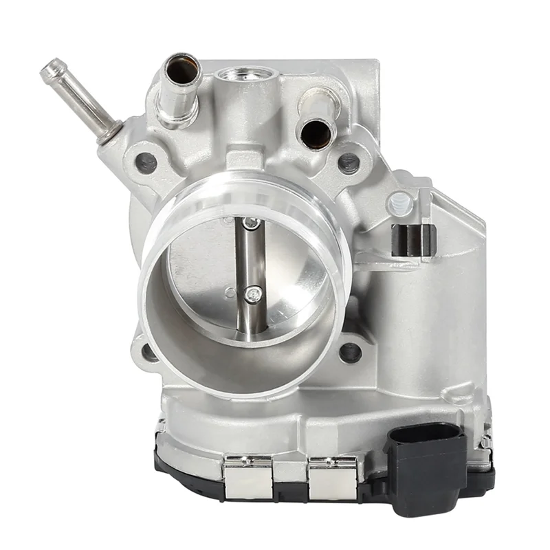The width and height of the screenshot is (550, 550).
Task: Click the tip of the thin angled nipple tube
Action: point(50,68)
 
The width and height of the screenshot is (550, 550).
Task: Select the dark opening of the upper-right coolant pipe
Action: point(316,131)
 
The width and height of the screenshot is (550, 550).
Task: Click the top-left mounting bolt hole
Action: point(146,162)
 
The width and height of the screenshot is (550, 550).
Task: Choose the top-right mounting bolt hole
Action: point(349,163)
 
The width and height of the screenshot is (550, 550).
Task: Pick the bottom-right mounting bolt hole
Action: point(350,352)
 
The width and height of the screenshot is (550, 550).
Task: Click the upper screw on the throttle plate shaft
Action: point(252,223)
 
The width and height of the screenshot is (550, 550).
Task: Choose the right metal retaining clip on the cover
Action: point(333,475)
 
